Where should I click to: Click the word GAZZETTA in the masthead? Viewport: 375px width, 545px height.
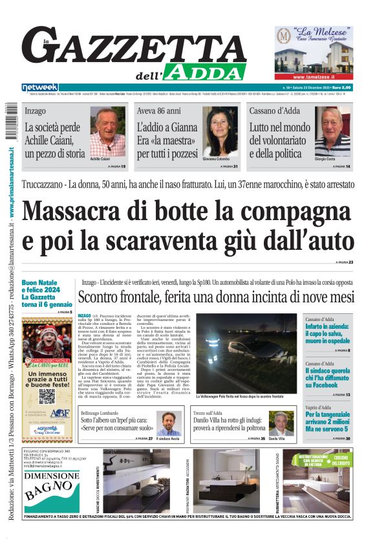133,47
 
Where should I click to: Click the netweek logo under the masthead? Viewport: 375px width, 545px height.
39,87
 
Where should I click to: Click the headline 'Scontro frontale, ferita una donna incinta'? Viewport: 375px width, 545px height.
216,297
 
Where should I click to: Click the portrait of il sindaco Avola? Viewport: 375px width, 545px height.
169,423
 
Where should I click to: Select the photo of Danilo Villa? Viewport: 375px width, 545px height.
281,423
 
